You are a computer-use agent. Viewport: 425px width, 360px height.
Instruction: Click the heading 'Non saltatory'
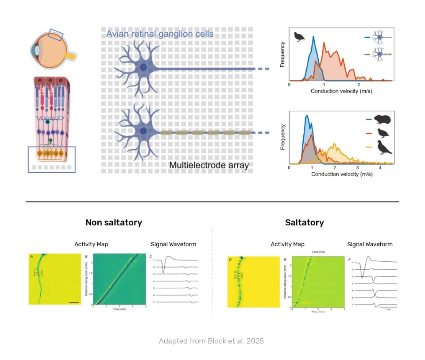pyautogui.click(x=114, y=222)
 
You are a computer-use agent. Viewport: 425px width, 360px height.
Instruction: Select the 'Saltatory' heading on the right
pyautogui.click(x=304, y=222)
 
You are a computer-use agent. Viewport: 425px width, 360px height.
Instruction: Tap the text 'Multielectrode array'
pyautogui.click(x=209, y=166)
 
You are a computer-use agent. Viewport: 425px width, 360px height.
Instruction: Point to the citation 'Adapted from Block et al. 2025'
pyautogui.click(x=212, y=341)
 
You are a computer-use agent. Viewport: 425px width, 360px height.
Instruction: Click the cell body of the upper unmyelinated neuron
pyautogui.click(x=143, y=68)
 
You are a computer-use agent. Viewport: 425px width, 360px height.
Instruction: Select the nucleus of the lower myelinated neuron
pyautogui.click(x=143, y=132)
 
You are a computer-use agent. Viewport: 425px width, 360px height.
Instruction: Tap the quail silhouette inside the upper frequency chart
pyautogui.click(x=299, y=36)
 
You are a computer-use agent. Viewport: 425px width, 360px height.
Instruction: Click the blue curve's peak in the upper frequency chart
pyautogui.click(x=313, y=37)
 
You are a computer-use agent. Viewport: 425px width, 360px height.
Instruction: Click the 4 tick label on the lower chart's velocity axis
pyautogui.click(x=380, y=169)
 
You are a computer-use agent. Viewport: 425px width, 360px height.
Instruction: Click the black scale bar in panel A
pyautogui.click(x=74, y=302)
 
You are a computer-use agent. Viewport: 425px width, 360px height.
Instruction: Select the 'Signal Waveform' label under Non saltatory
pyautogui.click(x=173, y=244)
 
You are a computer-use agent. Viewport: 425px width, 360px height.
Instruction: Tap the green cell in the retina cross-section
pyautogui.click(x=50, y=141)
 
